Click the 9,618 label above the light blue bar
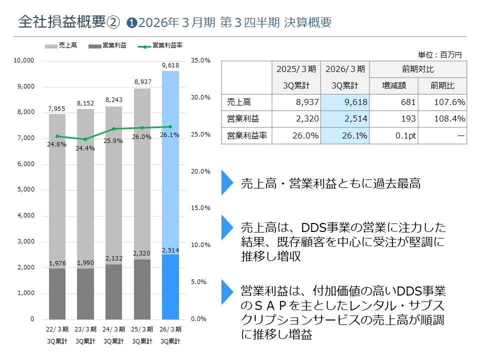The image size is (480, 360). click(170, 65)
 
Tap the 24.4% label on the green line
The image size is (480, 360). click(85, 148)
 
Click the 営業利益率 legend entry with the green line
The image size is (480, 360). click(160, 45)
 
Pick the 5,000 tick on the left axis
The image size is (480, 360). click(23, 190)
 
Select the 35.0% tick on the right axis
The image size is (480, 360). click(201, 60)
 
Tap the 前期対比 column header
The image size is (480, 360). click(417, 69)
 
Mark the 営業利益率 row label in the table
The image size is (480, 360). click(245, 135)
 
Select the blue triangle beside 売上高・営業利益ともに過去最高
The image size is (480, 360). click(227, 183)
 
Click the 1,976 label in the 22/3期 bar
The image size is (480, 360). click(57, 263)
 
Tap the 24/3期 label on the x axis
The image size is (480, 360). click(113, 329)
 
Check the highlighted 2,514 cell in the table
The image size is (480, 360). click(345, 119)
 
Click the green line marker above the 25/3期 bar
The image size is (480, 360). click(142, 128)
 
